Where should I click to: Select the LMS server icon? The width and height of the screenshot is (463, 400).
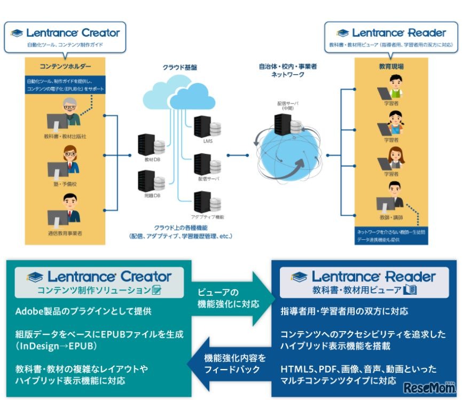[206, 125]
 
